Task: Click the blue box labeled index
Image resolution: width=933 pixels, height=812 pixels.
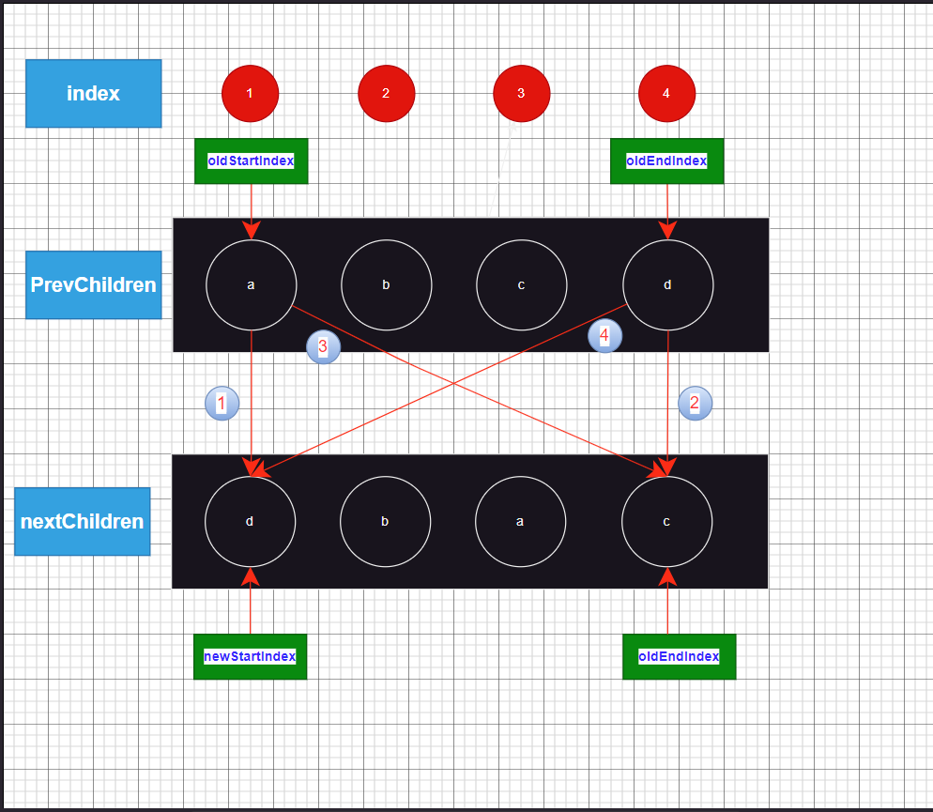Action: pyautogui.click(x=93, y=94)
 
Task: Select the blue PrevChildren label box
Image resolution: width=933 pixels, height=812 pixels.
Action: pyautogui.click(x=93, y=284)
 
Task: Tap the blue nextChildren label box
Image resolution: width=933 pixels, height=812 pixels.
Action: pyautogui.click(x=82, y=521)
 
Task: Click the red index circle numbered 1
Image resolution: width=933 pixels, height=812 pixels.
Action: pyautogui.click(x=250, y=94)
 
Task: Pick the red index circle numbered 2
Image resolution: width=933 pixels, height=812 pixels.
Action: pyautogui.click(x=386, y=94)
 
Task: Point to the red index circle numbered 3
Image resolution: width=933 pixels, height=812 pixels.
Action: pyautogui.click(x=521, y=94)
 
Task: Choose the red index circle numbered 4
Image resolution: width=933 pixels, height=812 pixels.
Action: pyautogui.click(x=666, y=94)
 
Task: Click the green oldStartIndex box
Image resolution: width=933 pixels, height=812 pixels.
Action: pyautogui.click(x=251, y=161)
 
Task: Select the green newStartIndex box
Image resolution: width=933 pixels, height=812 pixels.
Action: pyautogui.click(x=250, y=656)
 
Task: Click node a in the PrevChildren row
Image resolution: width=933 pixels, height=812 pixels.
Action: pyautogui.click(x=251, y=284)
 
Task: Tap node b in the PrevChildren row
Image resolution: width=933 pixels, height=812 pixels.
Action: pyautogui.click(x=386, y=284)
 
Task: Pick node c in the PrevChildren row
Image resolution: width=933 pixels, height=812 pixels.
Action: pyautogui.click(x=521, y=284)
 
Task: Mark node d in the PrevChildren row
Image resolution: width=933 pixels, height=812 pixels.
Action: pyautogui.click(x=667, y=284)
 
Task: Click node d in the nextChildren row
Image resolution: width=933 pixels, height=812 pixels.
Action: pyautogui.click(x=250, y=521)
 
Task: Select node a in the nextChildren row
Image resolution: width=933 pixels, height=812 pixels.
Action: pyautogui.click(x=520, y=521)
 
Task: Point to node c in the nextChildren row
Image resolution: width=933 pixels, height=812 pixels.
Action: pyautogui.click(x=666, y=521)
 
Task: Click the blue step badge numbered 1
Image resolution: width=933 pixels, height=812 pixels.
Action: pyautogui.click(x=222, y=404)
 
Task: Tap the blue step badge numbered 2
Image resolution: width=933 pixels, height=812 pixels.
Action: pyautogui.click(x=695, y=404)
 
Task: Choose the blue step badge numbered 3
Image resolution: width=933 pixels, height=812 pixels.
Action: pyautogui.click(x=323, y=347)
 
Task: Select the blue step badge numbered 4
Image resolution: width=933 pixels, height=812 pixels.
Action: pyautogui.click(x=604, y=335)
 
